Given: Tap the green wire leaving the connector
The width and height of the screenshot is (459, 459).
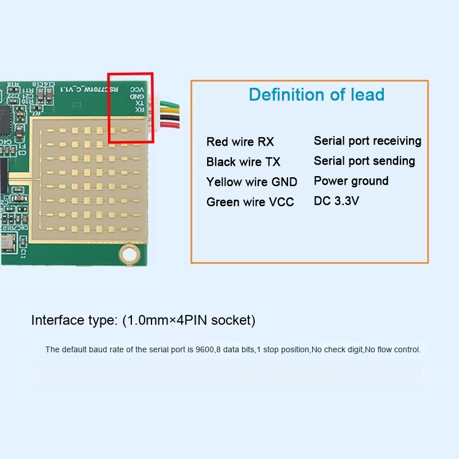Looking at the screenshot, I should pos(169,104).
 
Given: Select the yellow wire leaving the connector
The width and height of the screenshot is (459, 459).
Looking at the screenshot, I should pos(169,111).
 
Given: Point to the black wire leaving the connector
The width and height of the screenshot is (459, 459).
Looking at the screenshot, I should pos(169,118).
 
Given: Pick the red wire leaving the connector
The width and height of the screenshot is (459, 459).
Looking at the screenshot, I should pos(169,124).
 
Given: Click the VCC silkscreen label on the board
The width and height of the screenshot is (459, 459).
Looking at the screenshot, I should pos(137,90).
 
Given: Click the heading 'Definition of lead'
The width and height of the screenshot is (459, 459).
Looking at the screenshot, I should pos(317,95).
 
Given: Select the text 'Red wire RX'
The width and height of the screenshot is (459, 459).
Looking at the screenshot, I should pos(240,142).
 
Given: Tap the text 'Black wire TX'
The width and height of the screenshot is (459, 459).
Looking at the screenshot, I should pos(243,162).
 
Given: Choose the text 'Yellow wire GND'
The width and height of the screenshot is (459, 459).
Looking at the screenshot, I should pos(252,182).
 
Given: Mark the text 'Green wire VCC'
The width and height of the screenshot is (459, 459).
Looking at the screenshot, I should pos(250,202).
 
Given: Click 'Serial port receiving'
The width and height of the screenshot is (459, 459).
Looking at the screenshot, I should pos(367,141).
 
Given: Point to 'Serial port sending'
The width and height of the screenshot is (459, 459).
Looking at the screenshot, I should pos(364,161).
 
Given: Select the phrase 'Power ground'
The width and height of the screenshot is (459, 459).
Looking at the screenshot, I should pos(351,181).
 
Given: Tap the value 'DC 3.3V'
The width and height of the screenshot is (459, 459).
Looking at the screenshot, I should pos(336,201).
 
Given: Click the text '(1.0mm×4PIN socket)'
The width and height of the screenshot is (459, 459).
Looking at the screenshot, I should pos(189,320).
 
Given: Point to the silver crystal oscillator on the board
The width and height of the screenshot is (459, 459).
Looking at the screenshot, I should pos(6,241).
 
